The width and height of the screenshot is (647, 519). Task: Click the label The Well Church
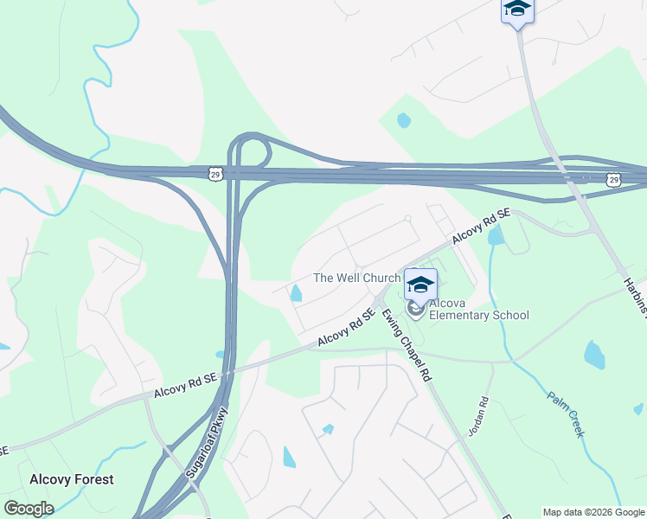pyautogui.click(x=356, y=278)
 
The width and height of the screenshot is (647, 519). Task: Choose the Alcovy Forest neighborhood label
pyautogui.click(x=71, y=479)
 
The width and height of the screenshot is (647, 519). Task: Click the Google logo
pyautogui.click(x=28, y=509)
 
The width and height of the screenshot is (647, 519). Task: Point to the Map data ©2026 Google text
pyautogui.click(x=593, y=513)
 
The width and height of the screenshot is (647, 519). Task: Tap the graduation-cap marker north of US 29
pyautogui.click(x=516, y=10)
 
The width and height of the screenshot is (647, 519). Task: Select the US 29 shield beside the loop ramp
pyautogui.click(x=215, y=174)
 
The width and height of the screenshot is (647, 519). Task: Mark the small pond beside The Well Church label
pyautogui.click(x=297, y=294)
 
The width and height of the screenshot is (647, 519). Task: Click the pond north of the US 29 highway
pyautogui.click(x=403, y=120)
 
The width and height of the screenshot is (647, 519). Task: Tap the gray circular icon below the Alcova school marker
pyautogui.click(x=415, y=308)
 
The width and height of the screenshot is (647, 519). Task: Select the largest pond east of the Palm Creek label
pyautogui.click(x=594, y=354)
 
